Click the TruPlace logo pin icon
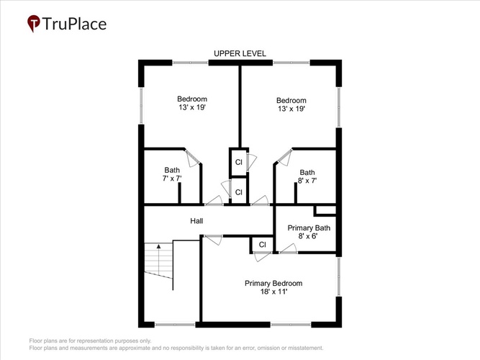34,23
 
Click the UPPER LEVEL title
240,53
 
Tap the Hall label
196,221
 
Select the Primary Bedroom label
273,284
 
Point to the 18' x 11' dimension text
273,292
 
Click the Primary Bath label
309,228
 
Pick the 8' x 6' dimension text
308,236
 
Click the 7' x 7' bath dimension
172,179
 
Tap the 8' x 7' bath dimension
307,181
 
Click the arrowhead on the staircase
158,246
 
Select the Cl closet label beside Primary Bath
263,245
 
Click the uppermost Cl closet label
238,162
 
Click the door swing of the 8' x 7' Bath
285,158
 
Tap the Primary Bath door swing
288,248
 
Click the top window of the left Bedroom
190,63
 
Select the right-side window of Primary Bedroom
339,276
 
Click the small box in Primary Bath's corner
325,210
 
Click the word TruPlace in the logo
74,24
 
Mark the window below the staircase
175,324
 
